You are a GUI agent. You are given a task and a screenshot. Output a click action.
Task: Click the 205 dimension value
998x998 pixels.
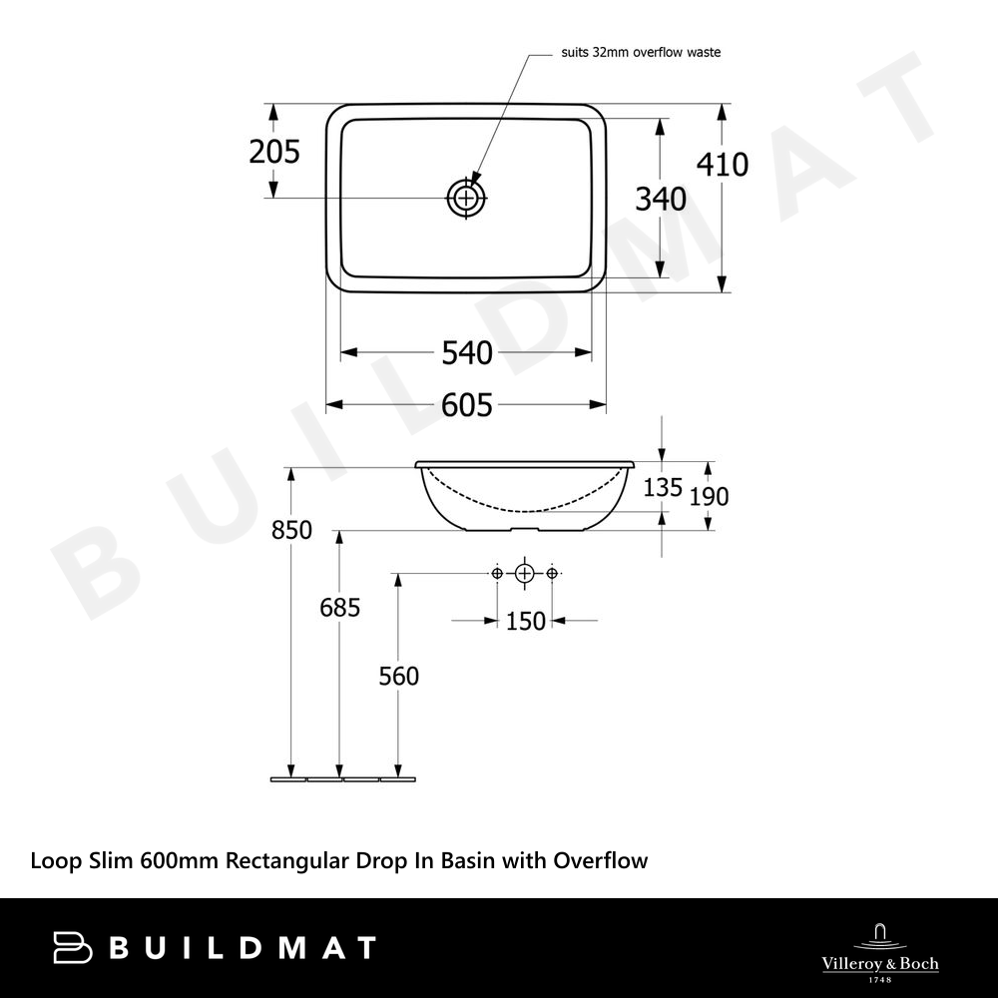click(274, 152)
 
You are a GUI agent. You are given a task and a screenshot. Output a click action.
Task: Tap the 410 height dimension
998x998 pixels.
click(723, 165)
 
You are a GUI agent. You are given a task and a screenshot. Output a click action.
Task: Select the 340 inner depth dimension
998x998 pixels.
click(661, 200)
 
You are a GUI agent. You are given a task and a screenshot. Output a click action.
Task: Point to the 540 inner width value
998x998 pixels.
click(467, 352)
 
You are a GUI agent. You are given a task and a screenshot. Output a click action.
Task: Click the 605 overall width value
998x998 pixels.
click(467, 405)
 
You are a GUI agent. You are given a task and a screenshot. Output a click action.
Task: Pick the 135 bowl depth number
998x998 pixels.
click(663, 488)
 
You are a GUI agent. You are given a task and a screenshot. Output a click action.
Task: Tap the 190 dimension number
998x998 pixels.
click(709, 496)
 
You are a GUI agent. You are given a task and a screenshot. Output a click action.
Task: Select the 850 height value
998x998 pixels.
click(291, 530)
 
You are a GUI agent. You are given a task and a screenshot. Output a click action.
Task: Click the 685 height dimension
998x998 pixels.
click(340, 608)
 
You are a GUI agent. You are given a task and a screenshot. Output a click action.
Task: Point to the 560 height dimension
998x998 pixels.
click(399, 676)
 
